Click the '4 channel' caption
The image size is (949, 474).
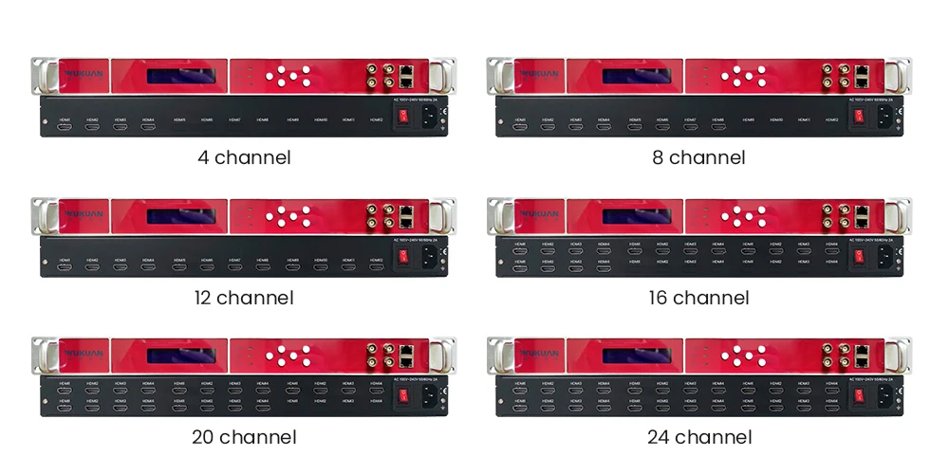[244, 157]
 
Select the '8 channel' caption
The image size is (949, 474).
[698, 157]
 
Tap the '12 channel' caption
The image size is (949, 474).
[244, 298]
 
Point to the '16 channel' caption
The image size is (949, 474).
[698, 298]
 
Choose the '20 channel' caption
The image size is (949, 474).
[244, 437]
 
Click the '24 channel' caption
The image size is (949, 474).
[699, 437]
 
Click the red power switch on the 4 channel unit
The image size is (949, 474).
[402, 118]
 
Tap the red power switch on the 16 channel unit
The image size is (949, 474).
[858, 257]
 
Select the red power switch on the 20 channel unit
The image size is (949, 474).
[402, 396]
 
